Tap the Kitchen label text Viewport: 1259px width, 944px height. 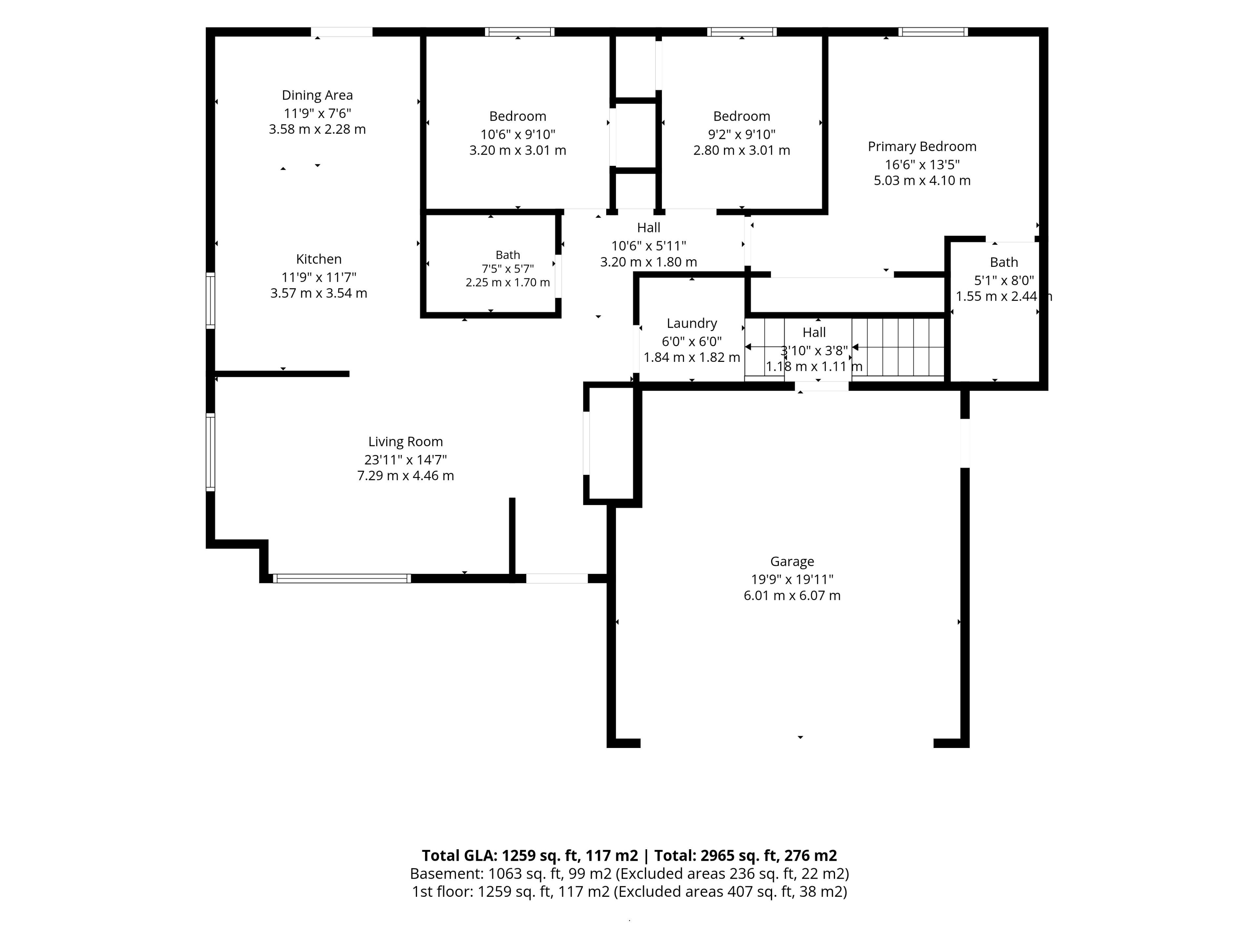pos(319,259)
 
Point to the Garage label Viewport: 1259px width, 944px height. pos(792,561)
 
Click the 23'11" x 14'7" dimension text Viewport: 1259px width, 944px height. pos(405,459)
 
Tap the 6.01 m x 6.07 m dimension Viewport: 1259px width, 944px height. pos(792,595)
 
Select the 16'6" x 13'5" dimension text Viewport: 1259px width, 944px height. pos(922,165)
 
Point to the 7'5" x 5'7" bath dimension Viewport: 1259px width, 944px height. pos(508,268)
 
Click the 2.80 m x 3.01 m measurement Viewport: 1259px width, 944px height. pos(742,150)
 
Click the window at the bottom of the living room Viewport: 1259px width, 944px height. pos(342,579)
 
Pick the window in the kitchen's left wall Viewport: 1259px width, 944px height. pos(210,301)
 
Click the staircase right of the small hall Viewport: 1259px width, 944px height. pos(898,347)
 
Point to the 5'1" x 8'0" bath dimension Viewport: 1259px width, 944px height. pos(1004,280)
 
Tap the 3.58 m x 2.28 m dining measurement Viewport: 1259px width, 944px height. pos(317,129)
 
